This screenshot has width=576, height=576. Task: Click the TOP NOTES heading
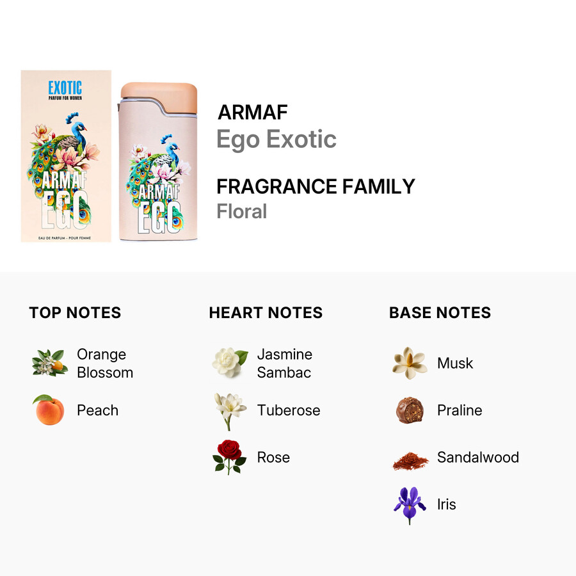pos(75,312)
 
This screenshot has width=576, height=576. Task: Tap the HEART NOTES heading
pos(266,312)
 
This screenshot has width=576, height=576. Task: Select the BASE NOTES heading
pos(440,312)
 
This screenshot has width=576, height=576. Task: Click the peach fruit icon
pos(49,410)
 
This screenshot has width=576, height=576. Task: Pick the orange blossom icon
pos(49,363)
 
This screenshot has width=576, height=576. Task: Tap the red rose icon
pos(229,456)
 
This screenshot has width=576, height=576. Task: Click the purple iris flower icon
pos(410,505)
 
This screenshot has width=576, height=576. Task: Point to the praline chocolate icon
pos(410,410)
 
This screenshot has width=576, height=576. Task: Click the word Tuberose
pos(289,410)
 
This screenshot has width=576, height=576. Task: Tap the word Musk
pos(455,364)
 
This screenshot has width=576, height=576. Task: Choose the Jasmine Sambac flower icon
pos(230,362)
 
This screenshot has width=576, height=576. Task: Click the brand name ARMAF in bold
pos(252,112)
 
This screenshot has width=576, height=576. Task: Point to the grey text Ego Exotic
pos(276,140)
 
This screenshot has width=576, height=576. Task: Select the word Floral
pos(242,211)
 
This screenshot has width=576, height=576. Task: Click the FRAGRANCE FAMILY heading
pos(316,186)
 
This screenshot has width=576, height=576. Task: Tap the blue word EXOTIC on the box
pos(65,88)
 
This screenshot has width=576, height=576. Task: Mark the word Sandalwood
pos(478,458)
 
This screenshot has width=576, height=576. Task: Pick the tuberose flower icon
pos(230,411)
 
